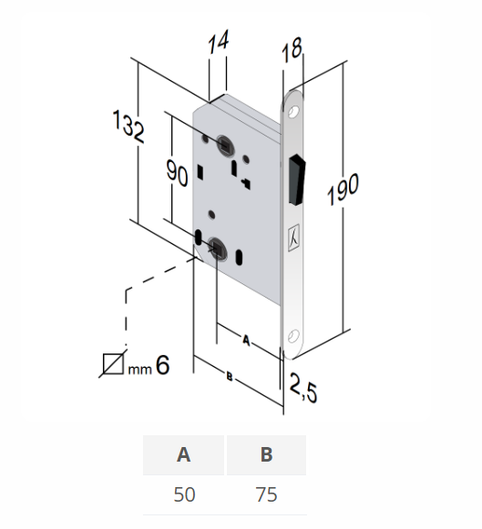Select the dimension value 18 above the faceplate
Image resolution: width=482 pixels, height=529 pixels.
click(292, 51)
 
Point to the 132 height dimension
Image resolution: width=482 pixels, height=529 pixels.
click(130, 127)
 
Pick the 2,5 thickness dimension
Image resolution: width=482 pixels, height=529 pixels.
click(303, 391)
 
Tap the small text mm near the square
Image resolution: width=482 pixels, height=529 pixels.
click(138, 369)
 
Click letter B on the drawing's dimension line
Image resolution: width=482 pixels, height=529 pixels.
click(230, 375)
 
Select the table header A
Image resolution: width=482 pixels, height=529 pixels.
click(183, 455)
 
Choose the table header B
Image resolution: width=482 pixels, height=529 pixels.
click(266, 455)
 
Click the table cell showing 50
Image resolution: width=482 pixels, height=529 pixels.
click(183, 495)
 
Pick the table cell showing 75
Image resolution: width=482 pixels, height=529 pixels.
click(266, 495)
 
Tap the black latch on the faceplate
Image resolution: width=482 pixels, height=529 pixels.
click(296, 177)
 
